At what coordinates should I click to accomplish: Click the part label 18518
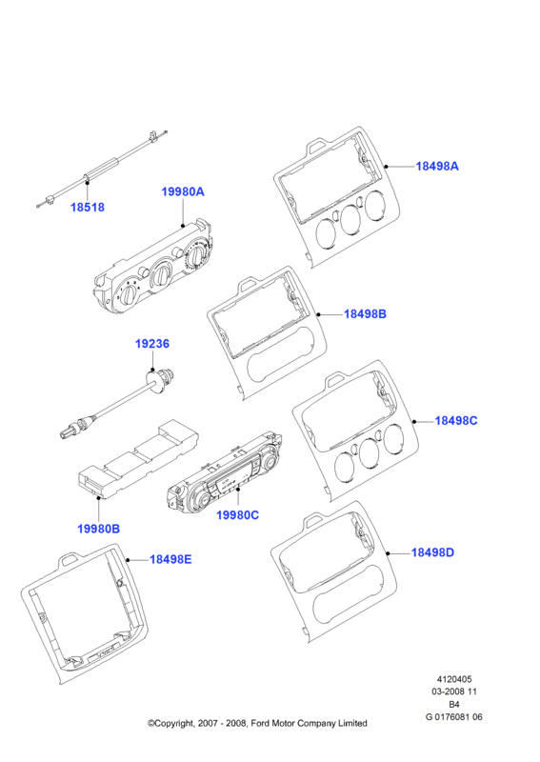(x=88, y=207)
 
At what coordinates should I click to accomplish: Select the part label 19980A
(x=183, y=192)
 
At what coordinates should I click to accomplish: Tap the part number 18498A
(x=437, y=166)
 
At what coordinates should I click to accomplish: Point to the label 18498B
(x=365, y=314)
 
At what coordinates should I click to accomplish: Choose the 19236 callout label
(x=152, y=344)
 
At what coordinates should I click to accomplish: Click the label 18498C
(x=456, y=421)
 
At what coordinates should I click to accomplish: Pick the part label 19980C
(x=238, y=515)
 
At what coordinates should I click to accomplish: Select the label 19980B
(x=99, y=529)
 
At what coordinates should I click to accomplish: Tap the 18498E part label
(x=170, y=559)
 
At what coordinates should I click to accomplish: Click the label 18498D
(x=432, y=552)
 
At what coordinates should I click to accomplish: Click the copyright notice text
(x=257, y=724)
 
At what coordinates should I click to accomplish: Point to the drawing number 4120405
(x=454, y=679)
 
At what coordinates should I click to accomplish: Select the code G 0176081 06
(x=454, y=717)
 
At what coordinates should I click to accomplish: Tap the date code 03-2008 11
(x=454, y=692)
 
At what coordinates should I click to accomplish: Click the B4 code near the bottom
(x=454, y=704)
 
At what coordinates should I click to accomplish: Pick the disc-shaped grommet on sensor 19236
(x=154, y=383)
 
